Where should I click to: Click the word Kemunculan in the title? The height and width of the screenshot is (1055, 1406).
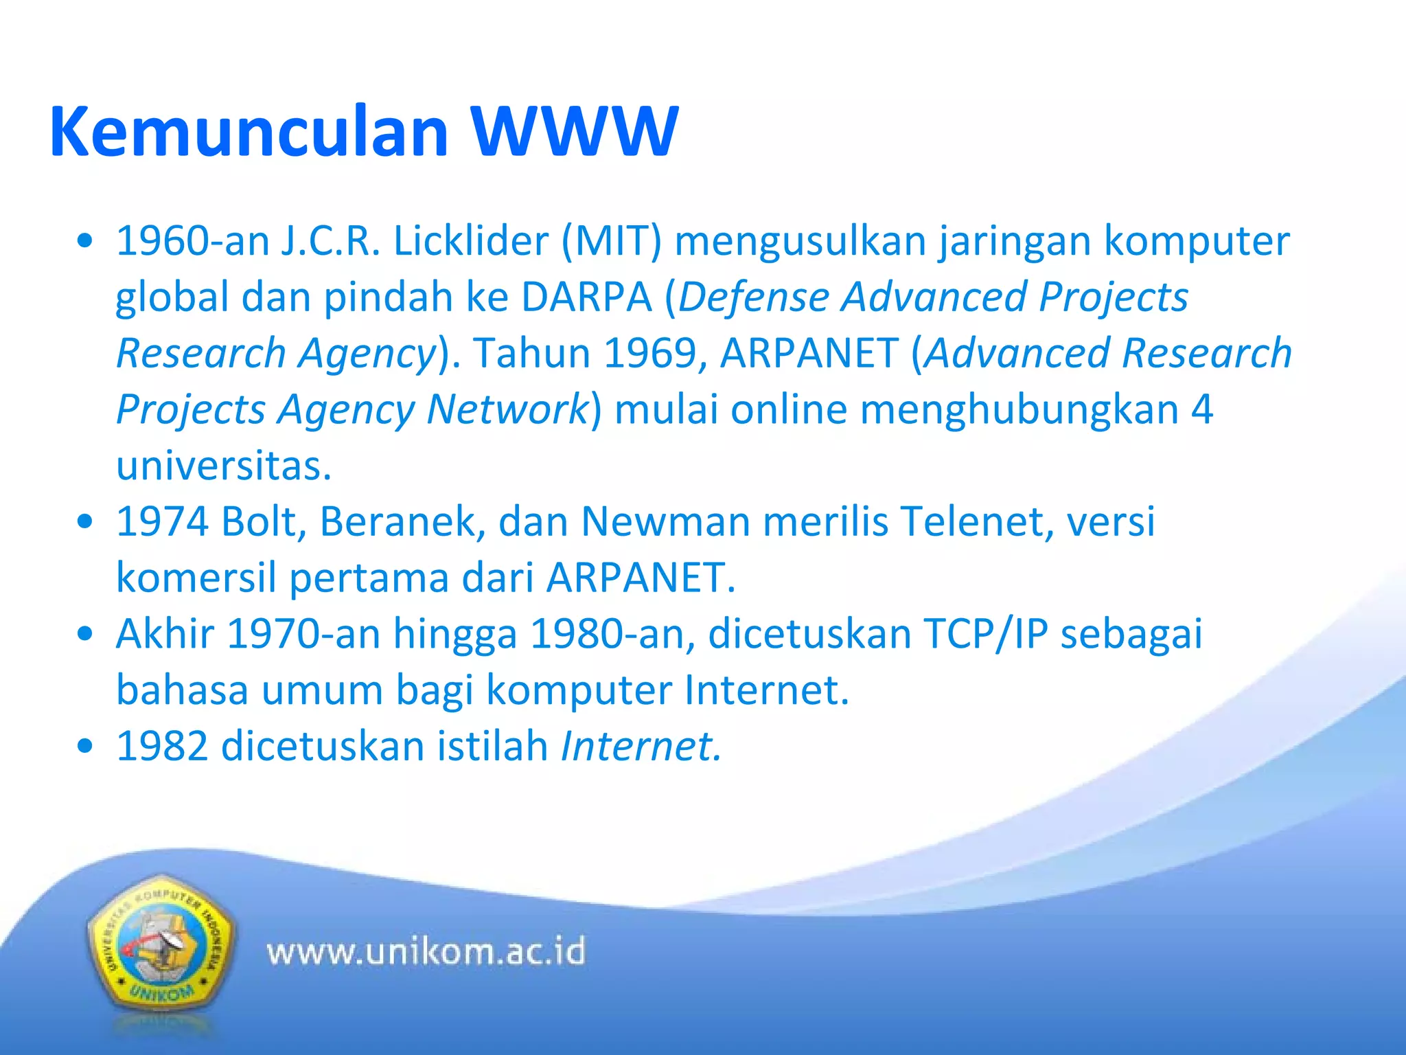pyautogui.click(x=249, y=132)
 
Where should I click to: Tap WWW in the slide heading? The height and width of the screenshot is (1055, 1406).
pyautogui.click(x=574, y=132)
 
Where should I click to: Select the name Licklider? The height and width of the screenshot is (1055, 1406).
pyautogui.click(x=470, y=242)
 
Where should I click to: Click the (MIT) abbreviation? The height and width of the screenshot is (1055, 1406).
pyautogui.click(x=612, y=242)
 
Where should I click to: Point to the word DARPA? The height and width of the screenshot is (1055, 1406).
pyautogui.click(x=586, y=298)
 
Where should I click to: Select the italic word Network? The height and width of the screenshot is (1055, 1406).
pyautogui.click(x=507, y=410)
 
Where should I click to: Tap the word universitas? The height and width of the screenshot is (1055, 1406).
pyautogui.click(x=224, y=466)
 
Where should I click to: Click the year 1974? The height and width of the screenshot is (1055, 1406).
pyautogui.click(x=162, y=522)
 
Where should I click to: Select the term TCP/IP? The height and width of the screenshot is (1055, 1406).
pyautogui.click(x=986, y=634)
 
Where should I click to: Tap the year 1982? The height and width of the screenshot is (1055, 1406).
pyautogui.click(x=162, y=747)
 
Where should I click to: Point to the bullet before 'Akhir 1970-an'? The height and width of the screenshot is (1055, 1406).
pyautogui.click(x=85, y=634)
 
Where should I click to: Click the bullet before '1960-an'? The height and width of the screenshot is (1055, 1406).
pyautogui.click(x=85, y=242)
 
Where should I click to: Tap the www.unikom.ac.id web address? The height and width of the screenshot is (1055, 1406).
pyautogui.click(x=426, y=952)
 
